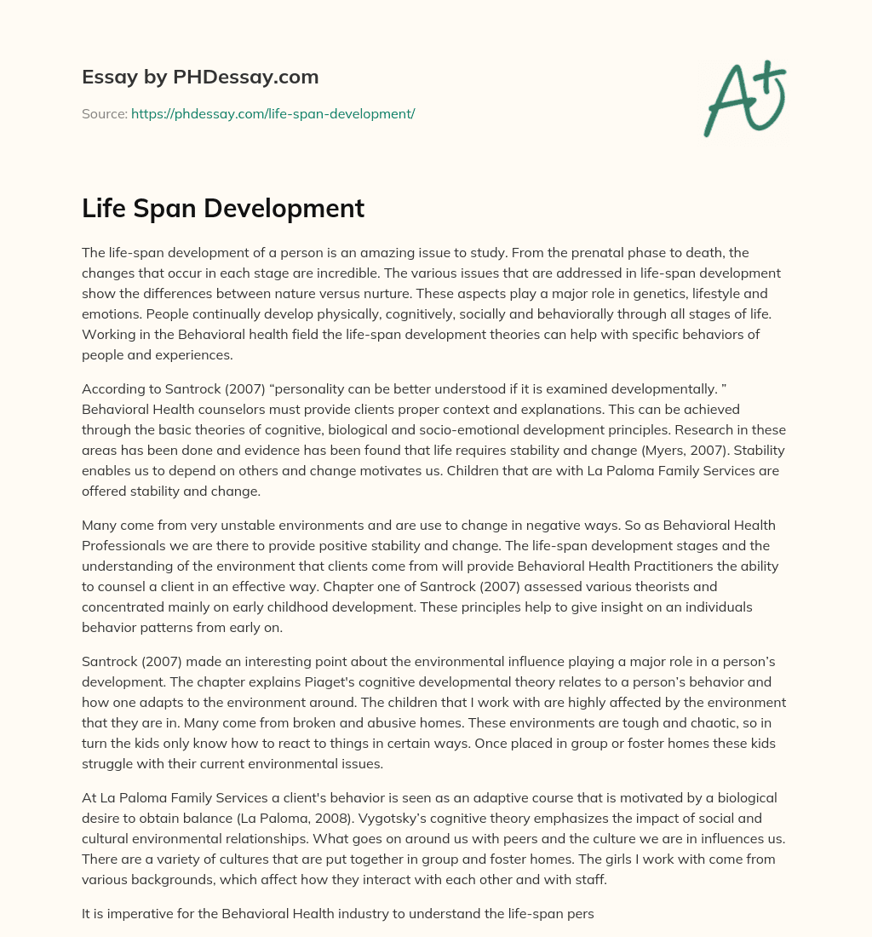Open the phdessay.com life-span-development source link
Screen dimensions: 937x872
point(272,113)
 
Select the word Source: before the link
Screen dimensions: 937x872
point(105,113)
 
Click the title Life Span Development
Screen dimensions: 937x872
point(223,208)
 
